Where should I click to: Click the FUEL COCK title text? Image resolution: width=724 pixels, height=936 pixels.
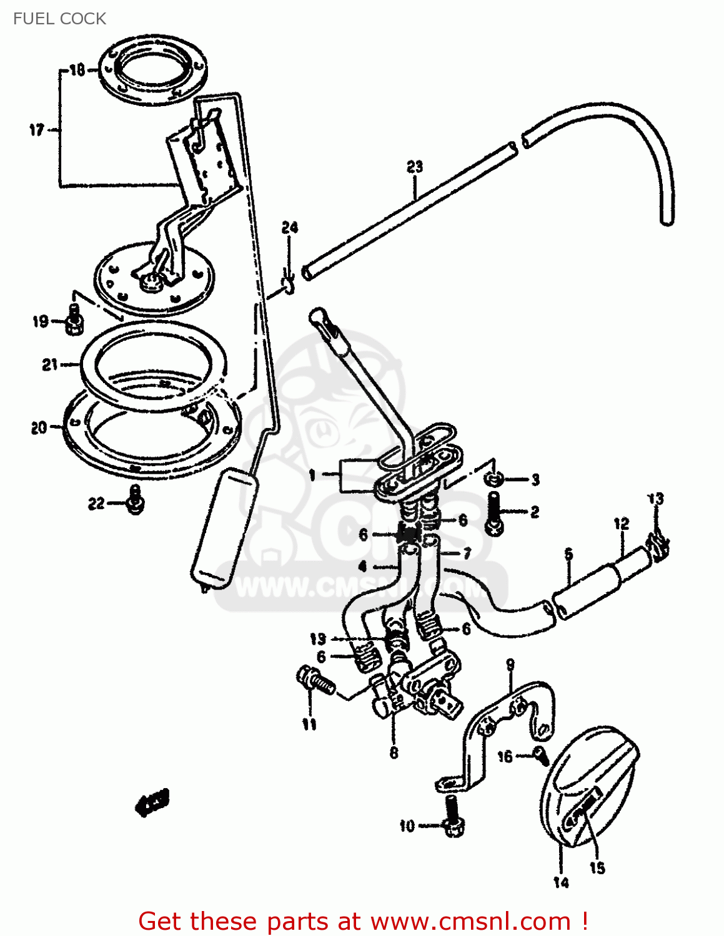point(59,19)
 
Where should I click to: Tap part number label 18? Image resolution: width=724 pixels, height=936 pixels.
point(77,69)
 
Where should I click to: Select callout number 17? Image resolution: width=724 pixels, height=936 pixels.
point(37,130)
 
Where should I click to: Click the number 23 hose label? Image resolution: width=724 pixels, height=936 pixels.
point(415,167)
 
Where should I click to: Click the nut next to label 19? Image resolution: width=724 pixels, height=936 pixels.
point(74,321)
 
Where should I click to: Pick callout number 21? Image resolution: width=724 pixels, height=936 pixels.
point(50,364)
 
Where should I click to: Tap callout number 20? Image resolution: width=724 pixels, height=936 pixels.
point(39,427)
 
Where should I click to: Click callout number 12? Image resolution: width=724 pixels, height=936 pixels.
point(621,524)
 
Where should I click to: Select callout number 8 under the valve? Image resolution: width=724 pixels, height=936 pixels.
point(394,753)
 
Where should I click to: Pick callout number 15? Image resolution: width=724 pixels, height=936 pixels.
point(598,867)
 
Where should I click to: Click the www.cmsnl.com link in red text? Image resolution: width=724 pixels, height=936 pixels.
point(470,921)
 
